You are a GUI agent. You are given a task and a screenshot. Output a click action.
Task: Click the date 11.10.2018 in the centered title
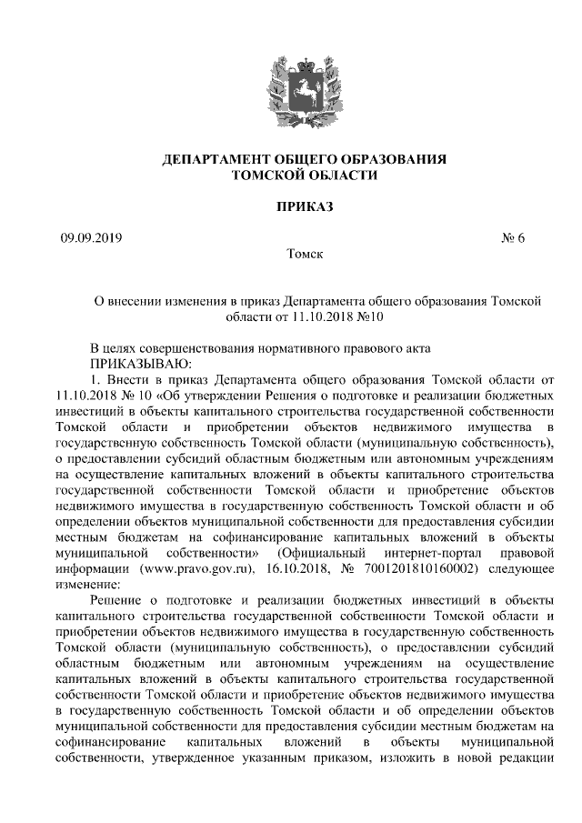324,318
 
